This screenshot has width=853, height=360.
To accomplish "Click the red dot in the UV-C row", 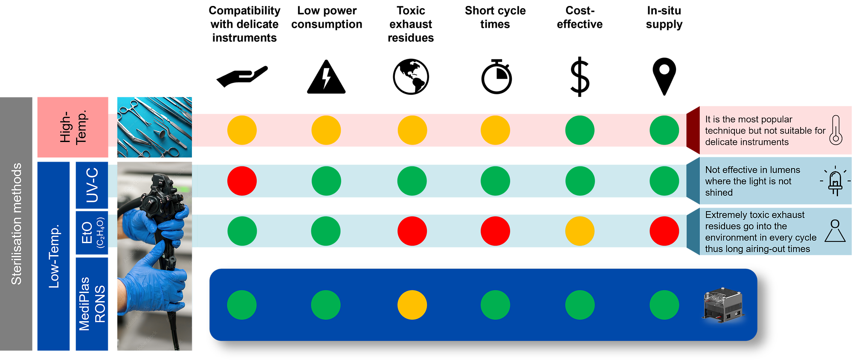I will coord(242,181).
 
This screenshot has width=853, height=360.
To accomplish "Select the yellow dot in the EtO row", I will coord(580,231).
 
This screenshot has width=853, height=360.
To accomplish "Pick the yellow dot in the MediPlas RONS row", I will coord(412,305).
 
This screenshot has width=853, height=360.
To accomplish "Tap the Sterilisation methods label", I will coord(16,224).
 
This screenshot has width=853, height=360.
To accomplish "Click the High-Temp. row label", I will coord(73,127).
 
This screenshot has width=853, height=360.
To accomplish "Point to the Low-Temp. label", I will coord(54,256).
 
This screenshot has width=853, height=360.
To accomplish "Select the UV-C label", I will coord(92,185).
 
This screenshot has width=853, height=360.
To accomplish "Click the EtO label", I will coord(87,233).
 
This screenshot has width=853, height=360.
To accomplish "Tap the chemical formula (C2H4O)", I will coord(100,233).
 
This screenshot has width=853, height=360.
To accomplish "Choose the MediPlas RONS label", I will coord(92,304).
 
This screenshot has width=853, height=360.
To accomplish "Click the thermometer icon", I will coord(836,130).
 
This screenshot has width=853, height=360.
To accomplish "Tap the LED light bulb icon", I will coord(835,181).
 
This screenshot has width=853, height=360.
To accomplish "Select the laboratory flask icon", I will coord(835,231).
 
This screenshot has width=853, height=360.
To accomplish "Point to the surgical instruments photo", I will coord(154,128).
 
